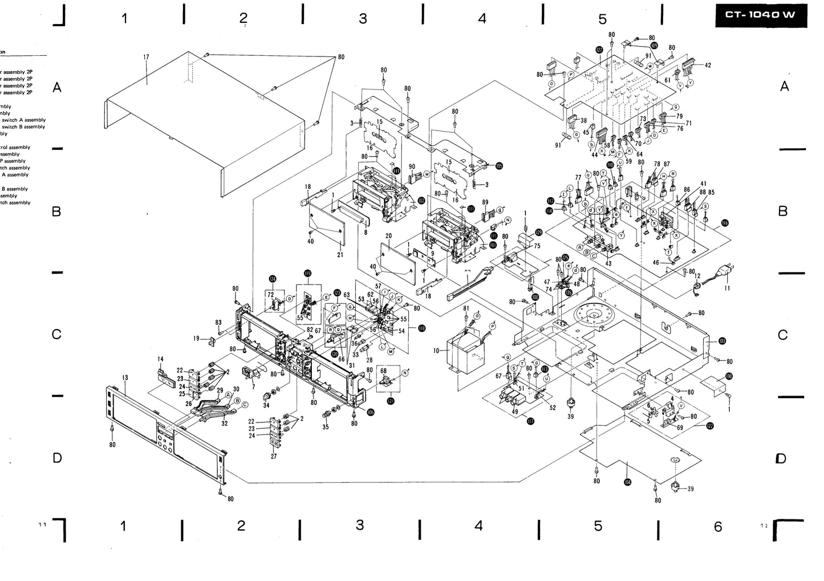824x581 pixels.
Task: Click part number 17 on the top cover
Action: click(146, 57)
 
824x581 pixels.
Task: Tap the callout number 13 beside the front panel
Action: click(125, 378)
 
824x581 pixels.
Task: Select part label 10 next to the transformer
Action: click(437, 351)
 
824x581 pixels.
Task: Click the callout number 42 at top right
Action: click(708, 66)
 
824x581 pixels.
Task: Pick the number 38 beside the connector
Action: click(583, 121)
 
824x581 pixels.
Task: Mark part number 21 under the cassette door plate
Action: click(340, 254)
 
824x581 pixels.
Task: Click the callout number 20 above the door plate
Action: click(388, 235)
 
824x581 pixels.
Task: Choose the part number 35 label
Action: click(326, 426)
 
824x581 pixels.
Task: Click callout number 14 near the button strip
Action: click(160, 359)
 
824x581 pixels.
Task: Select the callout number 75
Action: click(537, 246)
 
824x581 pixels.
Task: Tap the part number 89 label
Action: click(485, 202)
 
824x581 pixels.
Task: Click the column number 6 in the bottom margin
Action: click(717, 526)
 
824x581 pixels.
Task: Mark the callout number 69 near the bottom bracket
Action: click(680, 427)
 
